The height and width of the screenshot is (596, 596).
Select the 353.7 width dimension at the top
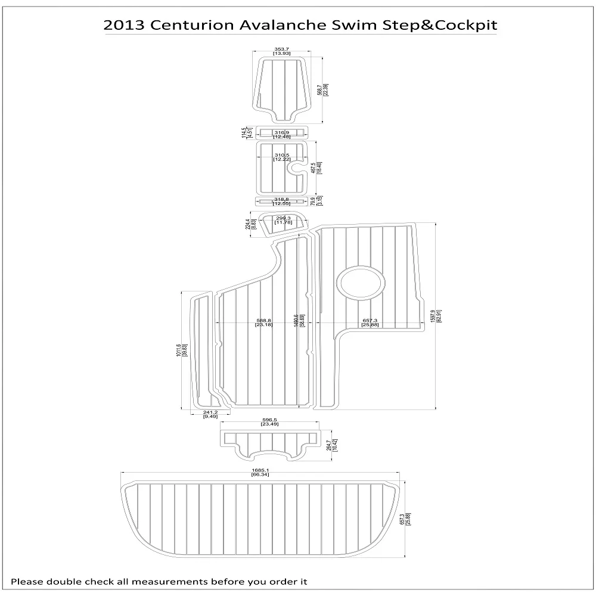[282, 50]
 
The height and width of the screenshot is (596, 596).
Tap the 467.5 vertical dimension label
[315, 169]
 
